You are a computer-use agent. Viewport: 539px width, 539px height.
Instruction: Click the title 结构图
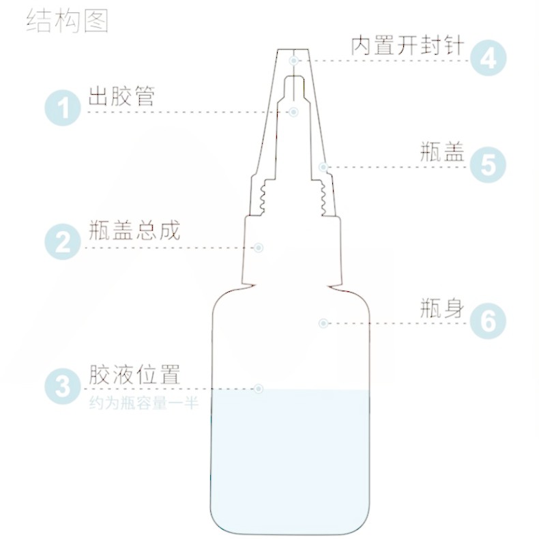68,21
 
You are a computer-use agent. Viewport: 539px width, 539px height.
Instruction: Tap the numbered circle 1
63,108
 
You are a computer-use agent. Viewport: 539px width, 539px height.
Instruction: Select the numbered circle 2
63,242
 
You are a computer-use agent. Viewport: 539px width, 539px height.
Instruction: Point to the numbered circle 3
63,386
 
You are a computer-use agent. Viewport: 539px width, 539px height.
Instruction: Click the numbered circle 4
488,58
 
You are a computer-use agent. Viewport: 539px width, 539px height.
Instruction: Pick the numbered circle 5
488,164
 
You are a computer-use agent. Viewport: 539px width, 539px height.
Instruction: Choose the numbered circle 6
488,321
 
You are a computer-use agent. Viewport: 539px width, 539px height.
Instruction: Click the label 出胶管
121,96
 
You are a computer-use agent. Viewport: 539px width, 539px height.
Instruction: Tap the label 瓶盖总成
134,230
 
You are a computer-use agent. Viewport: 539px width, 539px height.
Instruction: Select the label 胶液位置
134,375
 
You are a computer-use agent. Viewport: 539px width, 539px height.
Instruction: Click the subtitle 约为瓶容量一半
144,403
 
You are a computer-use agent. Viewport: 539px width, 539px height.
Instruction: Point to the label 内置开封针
408,46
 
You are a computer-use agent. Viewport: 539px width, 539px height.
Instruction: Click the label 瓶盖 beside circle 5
442,152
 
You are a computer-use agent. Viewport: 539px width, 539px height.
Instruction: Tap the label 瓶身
442,308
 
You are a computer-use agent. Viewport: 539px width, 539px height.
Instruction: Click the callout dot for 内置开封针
293,61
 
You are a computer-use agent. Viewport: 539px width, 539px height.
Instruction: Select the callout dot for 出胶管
293,112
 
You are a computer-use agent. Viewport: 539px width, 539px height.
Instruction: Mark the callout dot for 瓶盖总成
259,248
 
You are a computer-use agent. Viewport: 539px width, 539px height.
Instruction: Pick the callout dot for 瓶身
323,323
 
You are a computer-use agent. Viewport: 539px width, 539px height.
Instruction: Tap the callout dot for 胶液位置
259,389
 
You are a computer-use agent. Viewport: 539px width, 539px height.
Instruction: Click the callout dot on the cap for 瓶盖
323,167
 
